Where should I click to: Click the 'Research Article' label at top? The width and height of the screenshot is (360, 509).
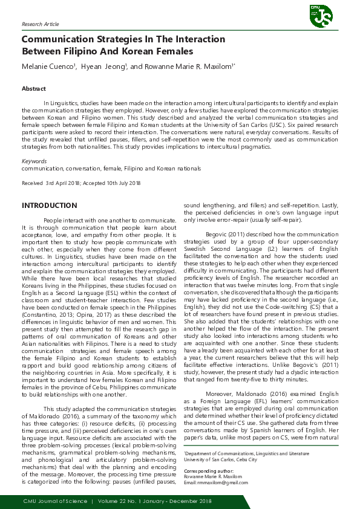pos(41,24)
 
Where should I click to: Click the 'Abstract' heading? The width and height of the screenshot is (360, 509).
pos(34,89)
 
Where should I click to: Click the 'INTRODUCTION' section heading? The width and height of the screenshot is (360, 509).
pos(50,206)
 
